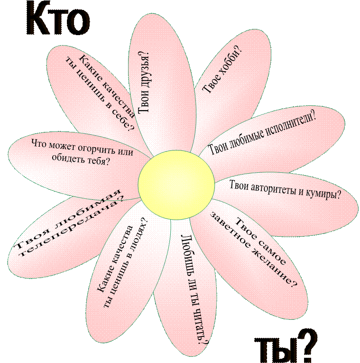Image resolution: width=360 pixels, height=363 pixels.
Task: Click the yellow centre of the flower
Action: click(x=176, y=185)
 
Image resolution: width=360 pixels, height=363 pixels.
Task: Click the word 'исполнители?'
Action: click(x=284, y=125)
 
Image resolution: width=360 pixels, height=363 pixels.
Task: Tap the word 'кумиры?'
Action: click(x=323, y=194)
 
